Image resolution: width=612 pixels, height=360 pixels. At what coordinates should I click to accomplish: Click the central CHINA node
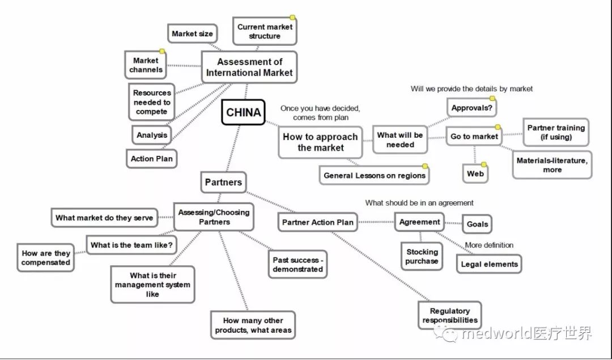(x=244, y=112)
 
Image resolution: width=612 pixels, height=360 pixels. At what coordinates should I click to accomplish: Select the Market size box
(x=192, y=34)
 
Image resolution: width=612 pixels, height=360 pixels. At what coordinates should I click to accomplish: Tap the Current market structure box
(x=265, y=31)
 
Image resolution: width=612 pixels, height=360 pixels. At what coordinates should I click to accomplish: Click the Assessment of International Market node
(x=249, y=67)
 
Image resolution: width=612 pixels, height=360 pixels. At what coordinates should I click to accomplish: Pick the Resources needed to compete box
(x=152, y=103)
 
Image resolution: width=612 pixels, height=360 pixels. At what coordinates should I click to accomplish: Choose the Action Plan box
(x=152, y=159)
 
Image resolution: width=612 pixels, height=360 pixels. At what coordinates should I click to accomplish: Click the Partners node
(x=223, y=183)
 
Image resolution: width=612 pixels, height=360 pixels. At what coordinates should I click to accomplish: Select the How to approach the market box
(x=320, y=142)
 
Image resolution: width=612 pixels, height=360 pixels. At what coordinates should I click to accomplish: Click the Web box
(x=475, y=173)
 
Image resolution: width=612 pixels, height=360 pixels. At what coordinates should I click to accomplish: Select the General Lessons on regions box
(x=374, y=176)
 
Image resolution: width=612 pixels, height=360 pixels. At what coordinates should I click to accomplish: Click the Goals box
(x=477, y=224)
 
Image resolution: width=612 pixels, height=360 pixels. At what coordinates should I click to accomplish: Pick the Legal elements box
(x=489, y=264)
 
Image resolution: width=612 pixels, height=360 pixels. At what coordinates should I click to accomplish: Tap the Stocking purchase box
(x=422, y=257)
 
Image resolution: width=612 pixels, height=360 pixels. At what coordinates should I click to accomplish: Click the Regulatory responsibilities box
(x=450, y=316)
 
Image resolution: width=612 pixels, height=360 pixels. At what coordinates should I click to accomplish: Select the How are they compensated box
(x=46, y=258)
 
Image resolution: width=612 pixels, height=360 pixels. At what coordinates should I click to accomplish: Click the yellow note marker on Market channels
(x=161, y=52)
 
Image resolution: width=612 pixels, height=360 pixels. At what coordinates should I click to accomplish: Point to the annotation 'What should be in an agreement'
(x=419, y=203)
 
